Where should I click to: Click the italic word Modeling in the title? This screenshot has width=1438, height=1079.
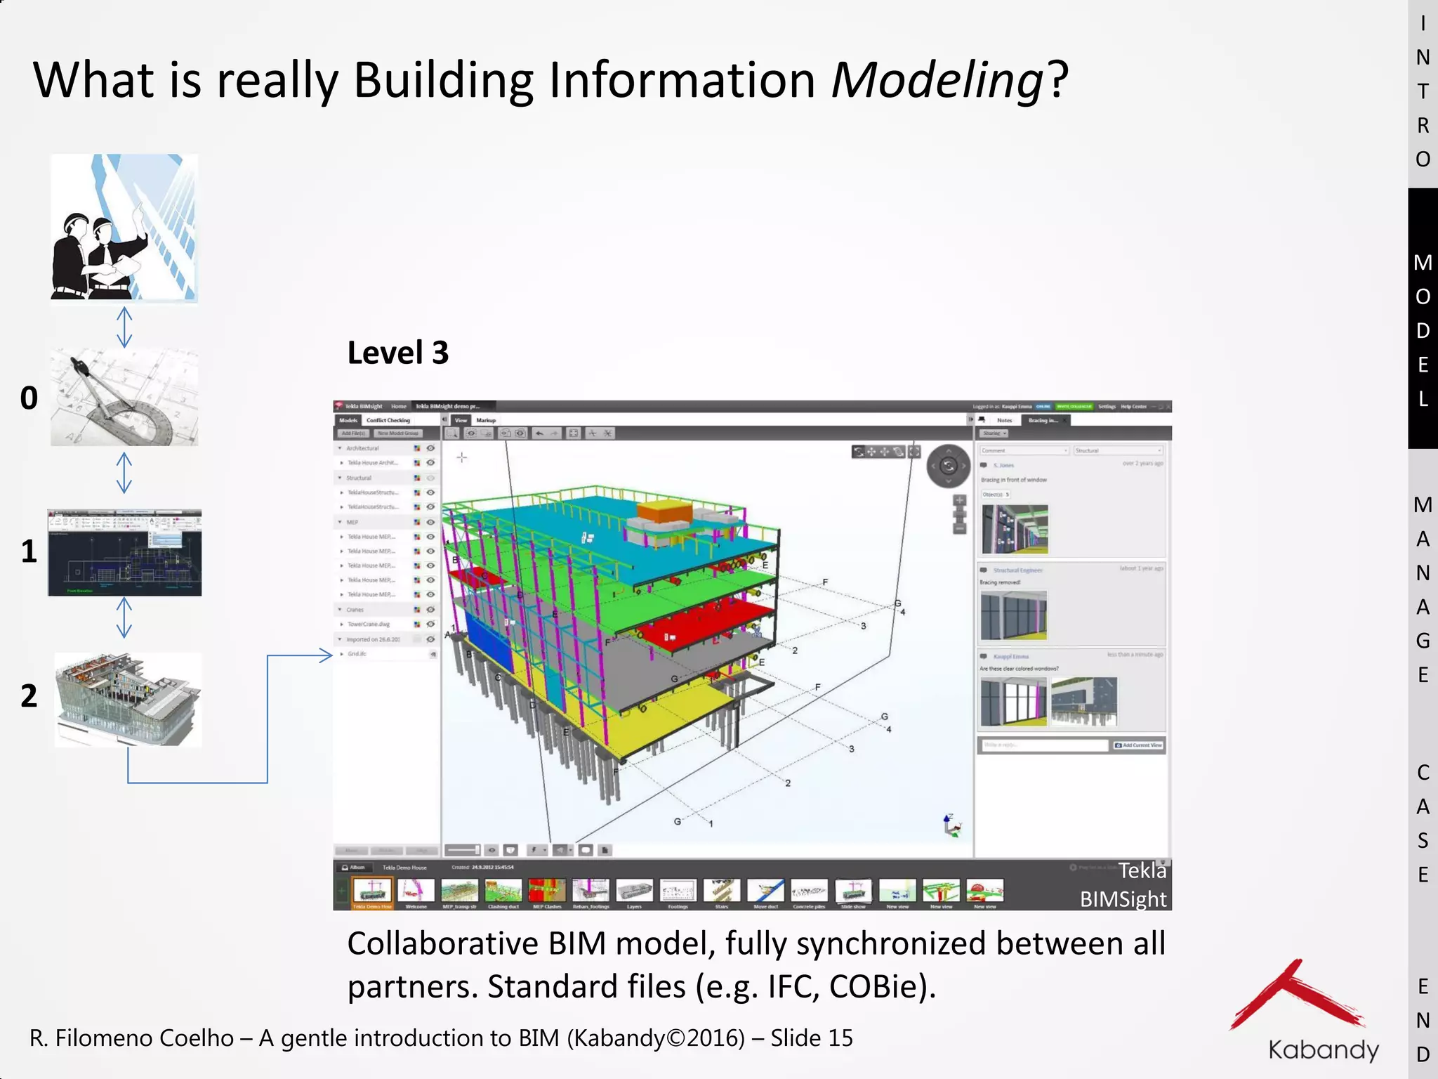[x=937, y=79]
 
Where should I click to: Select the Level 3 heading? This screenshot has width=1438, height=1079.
[x=397, y=353]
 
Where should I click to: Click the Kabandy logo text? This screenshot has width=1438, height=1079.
[x=1323, y=1049]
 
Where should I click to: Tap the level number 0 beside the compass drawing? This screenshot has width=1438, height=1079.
[x=29, y=398]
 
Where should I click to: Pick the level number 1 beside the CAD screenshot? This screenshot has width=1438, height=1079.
[x=29, y=551]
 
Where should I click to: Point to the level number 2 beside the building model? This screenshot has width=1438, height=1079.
[x=29, y=696]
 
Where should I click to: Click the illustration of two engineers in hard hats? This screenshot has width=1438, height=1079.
[x=124, y=228]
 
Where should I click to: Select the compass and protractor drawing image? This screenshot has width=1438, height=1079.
[x=124, y=398]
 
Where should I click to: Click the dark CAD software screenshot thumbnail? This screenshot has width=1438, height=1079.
[x=124, y=553]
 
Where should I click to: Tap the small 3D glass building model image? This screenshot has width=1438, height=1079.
[x=128, y=699]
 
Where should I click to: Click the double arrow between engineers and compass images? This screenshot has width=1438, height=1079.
[x=124, y=327]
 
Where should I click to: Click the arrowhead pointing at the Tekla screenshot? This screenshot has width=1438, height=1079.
[x=326, y=655]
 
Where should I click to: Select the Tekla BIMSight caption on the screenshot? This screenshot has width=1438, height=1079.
[x=1123, y=885]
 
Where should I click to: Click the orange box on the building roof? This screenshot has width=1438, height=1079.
[x=664, y=511]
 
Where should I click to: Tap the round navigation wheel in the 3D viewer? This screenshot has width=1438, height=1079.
[x=948, y=466]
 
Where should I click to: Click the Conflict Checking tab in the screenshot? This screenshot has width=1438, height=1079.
[x=388, y=420]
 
